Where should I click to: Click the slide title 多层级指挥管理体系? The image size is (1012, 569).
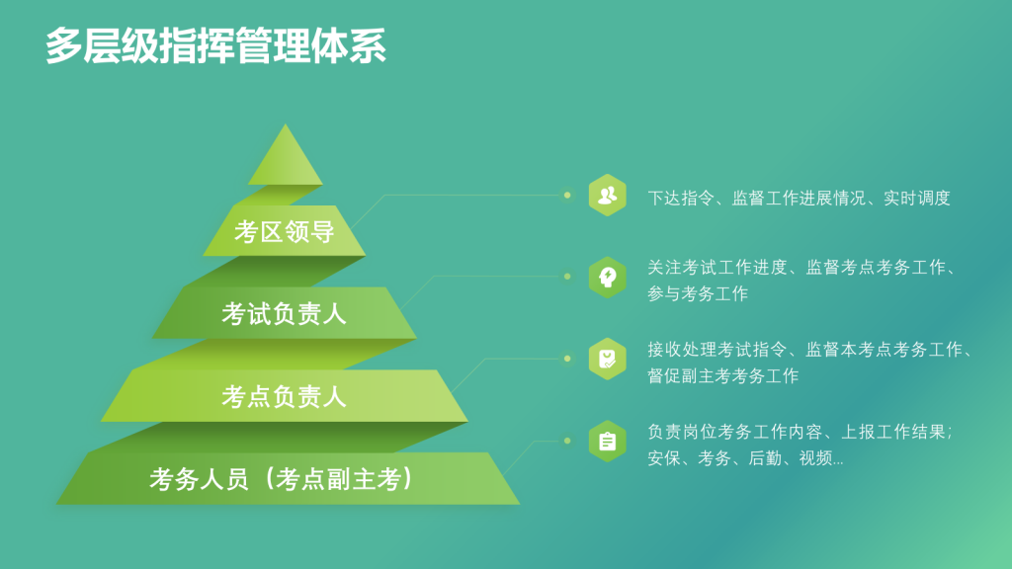pyautogui.click(x=215, y=45)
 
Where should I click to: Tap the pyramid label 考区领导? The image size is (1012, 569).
pyautogui.click(x=284, y=231)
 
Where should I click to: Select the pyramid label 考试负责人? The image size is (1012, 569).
pyautogui.click(x=284, y=314)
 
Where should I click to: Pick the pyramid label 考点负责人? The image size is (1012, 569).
pyautogui.click(x=284, y=397)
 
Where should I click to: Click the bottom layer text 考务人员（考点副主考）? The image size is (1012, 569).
pyautogui.click(x=281, y=479)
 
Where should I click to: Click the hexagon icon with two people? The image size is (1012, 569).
pyautogui.click(x=608, y=195)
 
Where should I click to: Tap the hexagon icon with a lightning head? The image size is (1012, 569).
pyautogui.click(x=608, y=278)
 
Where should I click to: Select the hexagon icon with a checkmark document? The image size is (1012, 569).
pyautogui.click(x=608, y=359)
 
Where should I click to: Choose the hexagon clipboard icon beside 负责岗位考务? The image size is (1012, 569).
pyautogui.click(x=608, y=442)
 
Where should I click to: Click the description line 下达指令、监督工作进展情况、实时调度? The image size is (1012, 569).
pyautogui.click(x=799, y=198)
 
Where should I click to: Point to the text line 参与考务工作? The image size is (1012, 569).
pyautogui.click(x=698, y=293)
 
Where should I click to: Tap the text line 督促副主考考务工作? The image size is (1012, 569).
pyautogui.click(x=722, y=375)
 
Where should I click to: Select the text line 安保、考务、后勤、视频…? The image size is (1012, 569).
pyautogui.click(x=745, y=458)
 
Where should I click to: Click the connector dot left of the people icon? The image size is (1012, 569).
pyautogui.click(x=567, y=195)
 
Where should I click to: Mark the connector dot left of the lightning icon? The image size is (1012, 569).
pyautogui.click(x=567, y=277)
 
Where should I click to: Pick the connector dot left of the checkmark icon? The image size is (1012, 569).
pyautogui.click(x=567, y=359)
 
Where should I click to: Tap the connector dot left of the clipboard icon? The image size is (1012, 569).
pyautogui.click(x=567, y=442)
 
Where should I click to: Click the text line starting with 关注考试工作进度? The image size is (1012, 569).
pyautogui.click(x=801, y=267)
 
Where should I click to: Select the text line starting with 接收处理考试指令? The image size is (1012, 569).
pyautogui.click(x=810, y=350)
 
